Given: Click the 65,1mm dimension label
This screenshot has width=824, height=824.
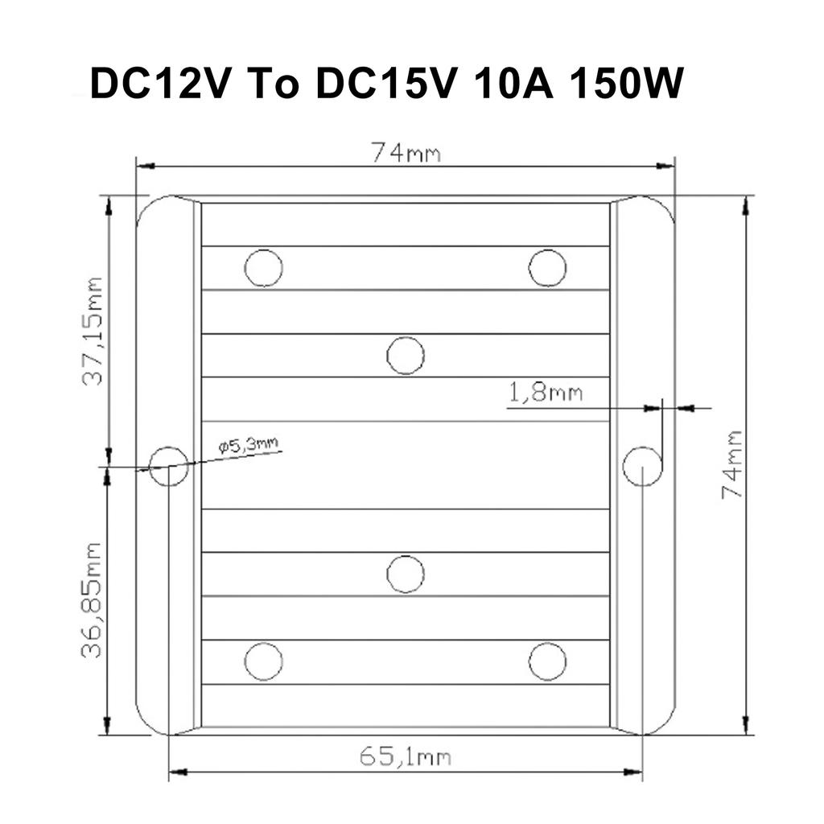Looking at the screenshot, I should coord(405,756).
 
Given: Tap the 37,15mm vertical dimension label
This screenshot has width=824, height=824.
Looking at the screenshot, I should coord(94,331).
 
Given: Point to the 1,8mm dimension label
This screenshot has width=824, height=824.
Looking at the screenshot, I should coord(546,393).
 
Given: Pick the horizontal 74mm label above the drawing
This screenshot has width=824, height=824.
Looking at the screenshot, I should coord(406,152).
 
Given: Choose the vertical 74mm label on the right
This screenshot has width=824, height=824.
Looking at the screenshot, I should coord(731,464).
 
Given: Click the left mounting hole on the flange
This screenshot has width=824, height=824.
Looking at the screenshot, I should coord(169,466).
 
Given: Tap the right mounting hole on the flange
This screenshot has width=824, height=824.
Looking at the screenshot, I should coord(642,466).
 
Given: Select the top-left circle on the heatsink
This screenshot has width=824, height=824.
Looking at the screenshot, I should coord(263,268).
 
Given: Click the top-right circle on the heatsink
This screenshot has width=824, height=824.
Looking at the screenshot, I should coord(547,268).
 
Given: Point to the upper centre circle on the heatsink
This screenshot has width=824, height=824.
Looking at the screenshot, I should coord(406,355).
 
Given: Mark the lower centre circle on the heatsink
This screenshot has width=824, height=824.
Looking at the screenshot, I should coord(406,574).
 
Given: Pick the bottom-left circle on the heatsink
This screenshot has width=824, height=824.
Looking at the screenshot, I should coord(263,661).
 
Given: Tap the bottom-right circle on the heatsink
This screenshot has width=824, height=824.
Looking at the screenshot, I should coord(547,661).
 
